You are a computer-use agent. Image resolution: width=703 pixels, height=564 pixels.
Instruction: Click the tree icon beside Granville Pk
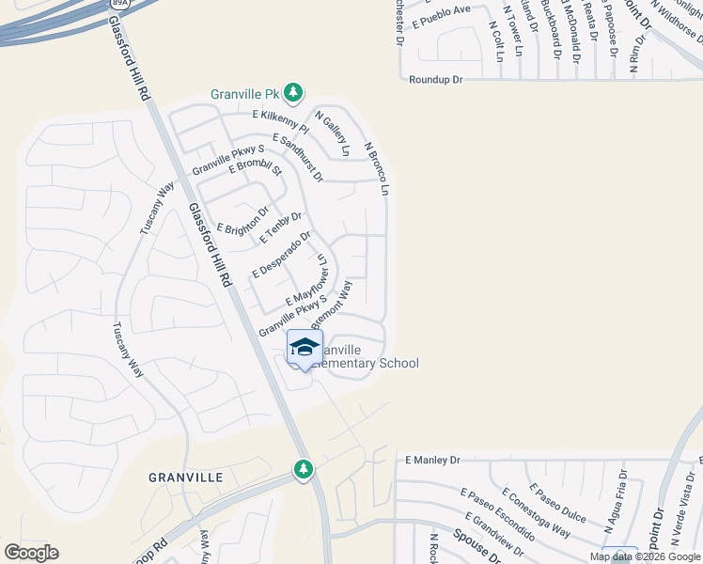pos(294,92)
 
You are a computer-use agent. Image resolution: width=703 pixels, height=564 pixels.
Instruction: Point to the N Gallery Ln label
pos(332,134)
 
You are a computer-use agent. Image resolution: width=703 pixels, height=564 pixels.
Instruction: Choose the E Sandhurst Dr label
pos(297,157)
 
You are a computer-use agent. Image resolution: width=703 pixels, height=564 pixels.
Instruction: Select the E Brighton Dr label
pos(243,221)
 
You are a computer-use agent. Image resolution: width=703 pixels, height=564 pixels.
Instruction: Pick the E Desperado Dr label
pos(281,255)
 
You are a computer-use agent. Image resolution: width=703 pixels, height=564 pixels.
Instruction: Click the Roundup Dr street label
pos(436,80)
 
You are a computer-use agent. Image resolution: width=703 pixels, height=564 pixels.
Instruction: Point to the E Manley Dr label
pos(432,461)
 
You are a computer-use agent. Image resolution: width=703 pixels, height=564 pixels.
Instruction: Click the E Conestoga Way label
pos(536,512)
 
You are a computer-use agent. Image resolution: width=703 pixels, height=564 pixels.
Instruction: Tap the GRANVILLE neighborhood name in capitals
pos(186,478)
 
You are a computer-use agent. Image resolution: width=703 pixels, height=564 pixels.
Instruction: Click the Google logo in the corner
pos(31,553)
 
